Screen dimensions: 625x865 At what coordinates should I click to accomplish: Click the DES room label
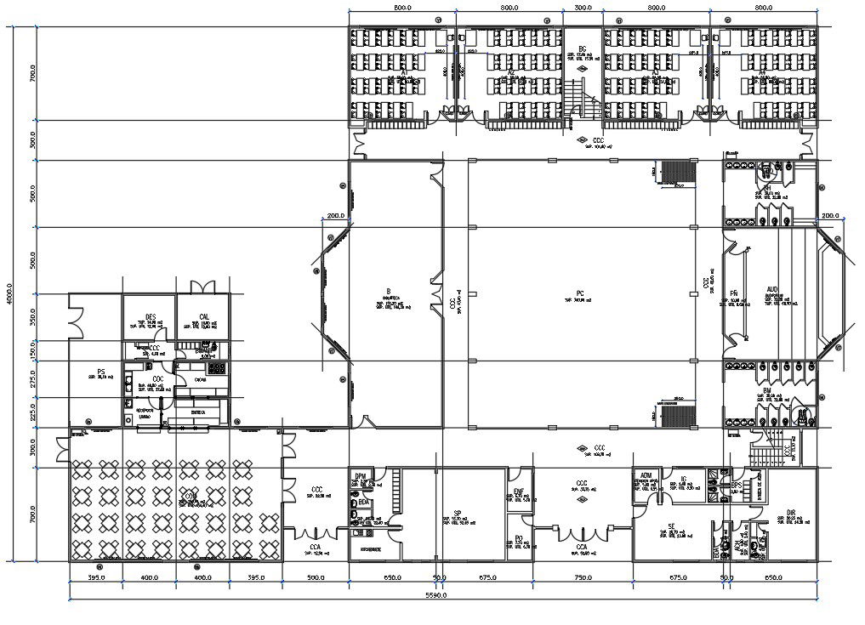(x=150, y=316)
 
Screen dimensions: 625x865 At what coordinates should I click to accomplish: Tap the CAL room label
(x=204, y=316)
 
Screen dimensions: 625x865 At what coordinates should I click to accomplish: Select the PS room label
(x=100, y=372)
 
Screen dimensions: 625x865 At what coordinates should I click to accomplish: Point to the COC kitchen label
(x=158, y=379)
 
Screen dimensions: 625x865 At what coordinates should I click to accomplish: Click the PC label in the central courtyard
(x=580, y=293)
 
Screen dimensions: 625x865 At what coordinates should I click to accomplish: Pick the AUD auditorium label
(x=772, y=289)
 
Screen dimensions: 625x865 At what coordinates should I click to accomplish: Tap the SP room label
(x=457, y=513)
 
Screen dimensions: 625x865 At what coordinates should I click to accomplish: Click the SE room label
(x=671, y=526)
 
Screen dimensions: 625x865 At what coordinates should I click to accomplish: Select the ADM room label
(x=646, y=475)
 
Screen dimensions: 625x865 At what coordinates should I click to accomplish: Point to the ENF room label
(x=519, y=491)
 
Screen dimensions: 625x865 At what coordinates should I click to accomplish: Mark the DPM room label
(x=361, y=475)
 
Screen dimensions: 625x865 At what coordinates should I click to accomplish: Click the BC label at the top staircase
(x=583, y=48)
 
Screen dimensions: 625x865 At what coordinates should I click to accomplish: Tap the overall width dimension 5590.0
(x=436, y=595)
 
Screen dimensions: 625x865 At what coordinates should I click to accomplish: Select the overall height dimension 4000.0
(x=9, y=293)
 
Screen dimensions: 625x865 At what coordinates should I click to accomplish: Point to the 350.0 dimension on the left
(x=31, y=316)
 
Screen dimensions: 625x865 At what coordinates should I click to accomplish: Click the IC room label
(x=683, y=480)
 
